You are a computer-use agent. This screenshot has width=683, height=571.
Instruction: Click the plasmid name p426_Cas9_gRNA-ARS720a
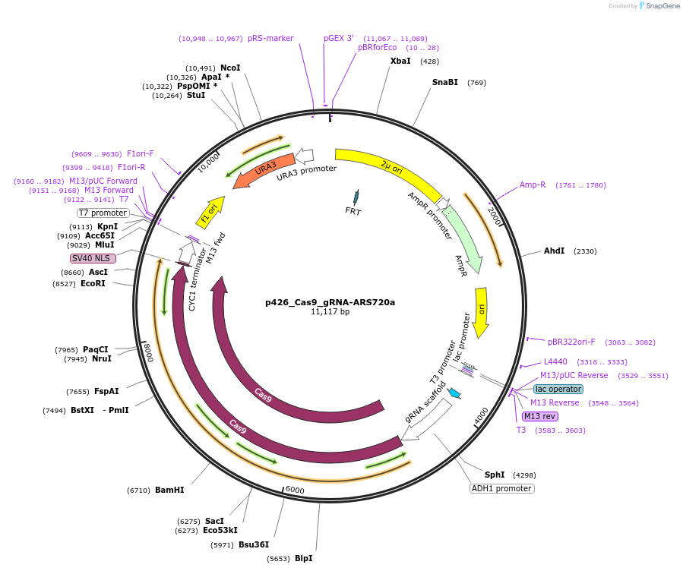pyautogui.click(x=330, y=301)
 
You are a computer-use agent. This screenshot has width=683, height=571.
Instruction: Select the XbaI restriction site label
pyautogui.click(x=400, y=61)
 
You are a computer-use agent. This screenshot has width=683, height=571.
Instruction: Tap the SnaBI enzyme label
pyautogui.click(x=445, y=82)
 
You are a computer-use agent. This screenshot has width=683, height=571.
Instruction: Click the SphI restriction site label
pyautogui.click(x=495, y=475)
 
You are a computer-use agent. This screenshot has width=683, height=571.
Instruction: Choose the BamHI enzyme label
pyautogui.click(x=169, y=490)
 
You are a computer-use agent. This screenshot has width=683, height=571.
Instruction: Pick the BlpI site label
pyautogui.click(x=303, y=558)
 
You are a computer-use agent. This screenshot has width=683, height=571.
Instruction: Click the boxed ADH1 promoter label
pyautogui.click(x=502, y=488)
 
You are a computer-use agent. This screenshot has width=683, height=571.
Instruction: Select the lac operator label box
pyautogui.click(x=558, y=389)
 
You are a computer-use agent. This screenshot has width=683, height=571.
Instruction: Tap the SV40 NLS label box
pyautogui.click(x=93, y=258)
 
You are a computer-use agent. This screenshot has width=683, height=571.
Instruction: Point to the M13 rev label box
pyautogui.click(x=540, y=416)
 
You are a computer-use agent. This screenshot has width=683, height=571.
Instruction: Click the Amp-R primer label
pyautogui.click(x=533, y=185)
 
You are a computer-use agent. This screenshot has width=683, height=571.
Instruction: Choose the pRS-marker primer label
pyautogui.click(x=270, y=38)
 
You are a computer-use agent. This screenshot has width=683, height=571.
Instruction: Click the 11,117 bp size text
pyautogui.click(x=330, y=312)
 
